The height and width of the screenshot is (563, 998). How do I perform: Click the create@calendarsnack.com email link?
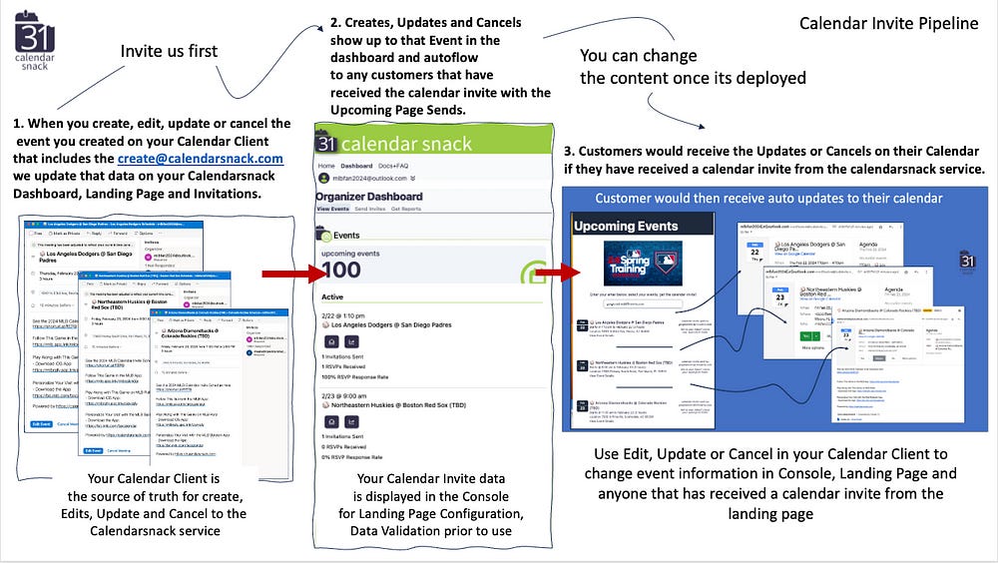click(199, 158)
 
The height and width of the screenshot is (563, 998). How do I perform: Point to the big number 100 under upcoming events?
click(341, 269)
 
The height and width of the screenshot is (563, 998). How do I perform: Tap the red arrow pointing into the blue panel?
click(551, 271)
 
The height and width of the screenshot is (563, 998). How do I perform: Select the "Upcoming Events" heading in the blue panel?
click(626, 226)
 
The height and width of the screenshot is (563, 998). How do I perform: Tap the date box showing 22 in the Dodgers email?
click(754, 255)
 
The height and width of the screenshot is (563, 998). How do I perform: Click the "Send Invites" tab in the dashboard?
click(371, 210)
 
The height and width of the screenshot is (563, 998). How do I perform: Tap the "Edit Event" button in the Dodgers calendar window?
click(42, 423)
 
